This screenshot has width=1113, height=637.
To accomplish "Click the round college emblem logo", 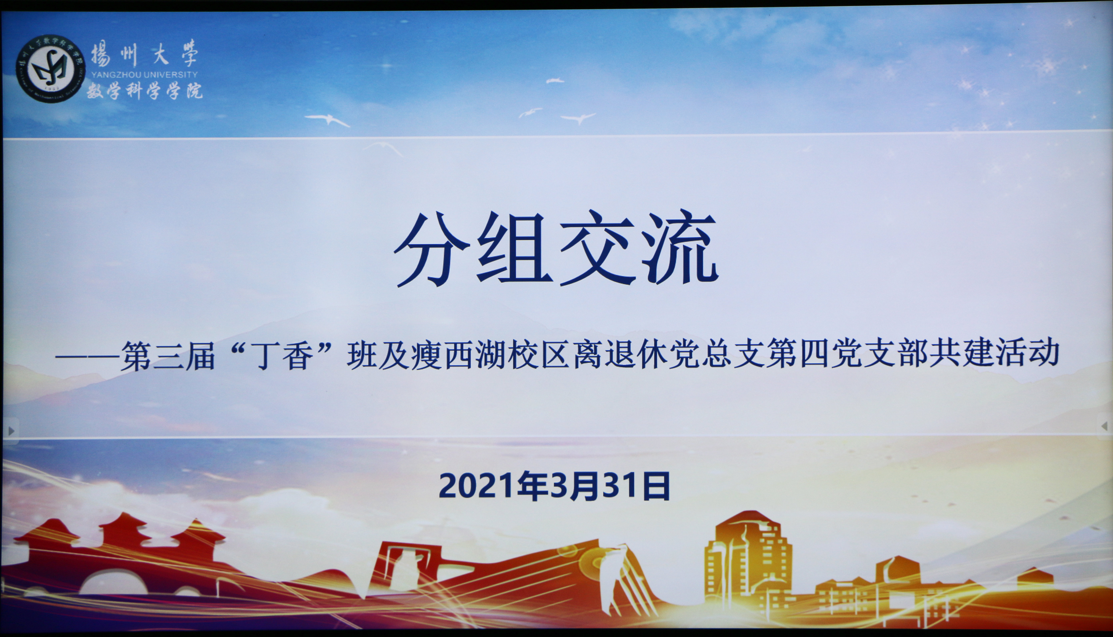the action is [x=51, y=69].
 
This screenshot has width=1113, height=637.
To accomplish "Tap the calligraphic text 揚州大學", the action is [x=144, y=54].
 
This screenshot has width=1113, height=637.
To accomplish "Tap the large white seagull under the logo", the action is [x=327, y=120].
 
